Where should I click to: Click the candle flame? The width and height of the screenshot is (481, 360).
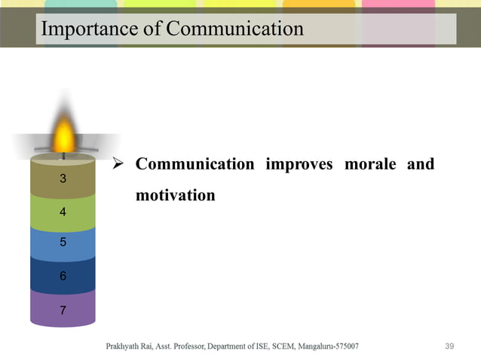click(64, 136)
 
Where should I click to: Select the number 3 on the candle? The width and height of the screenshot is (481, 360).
click(63, 178)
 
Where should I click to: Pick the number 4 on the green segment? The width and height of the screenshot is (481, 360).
click(63, 212)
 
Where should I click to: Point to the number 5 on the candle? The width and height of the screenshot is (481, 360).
click(63, 243)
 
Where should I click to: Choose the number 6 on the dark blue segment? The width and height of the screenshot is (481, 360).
click(63, 276)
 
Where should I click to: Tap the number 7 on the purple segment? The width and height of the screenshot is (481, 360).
click(63, 310)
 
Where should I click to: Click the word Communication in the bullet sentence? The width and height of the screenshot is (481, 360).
click(195, 164)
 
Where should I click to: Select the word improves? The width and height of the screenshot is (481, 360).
click(299, 164)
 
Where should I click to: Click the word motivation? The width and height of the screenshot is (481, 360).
click(175, 196)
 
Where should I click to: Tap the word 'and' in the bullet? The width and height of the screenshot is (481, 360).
click(421, 164)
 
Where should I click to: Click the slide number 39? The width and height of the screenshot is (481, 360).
click(450, 346)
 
